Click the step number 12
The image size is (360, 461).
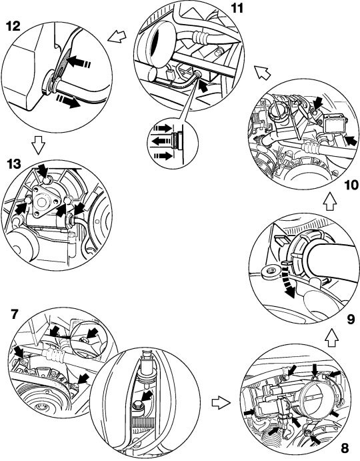click(x=13, y=26)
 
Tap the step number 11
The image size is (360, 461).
click(x=236, y=8)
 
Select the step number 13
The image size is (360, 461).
click(x=14, y=164)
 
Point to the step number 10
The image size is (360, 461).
click(x=351, y=185)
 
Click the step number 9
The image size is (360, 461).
click(x=351, y=320)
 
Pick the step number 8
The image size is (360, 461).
click(x=345, y=448)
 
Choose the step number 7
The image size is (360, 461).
click(x=14, y=314)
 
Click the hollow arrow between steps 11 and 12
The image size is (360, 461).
click(x=117, y=37)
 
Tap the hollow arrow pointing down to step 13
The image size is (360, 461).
click(x=38, y=144)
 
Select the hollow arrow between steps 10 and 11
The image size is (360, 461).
click(x=262, y=72)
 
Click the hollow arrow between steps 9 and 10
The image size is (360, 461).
click(x=329, y=201)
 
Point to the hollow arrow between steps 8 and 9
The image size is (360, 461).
click(x=332, y=338)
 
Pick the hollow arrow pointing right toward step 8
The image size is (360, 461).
click(x=221, y=403)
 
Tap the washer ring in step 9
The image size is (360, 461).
click(x=270, y=272)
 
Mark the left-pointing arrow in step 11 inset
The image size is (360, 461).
click(x=161, y=141)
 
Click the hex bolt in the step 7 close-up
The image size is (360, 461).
click(x=138, y=406)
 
